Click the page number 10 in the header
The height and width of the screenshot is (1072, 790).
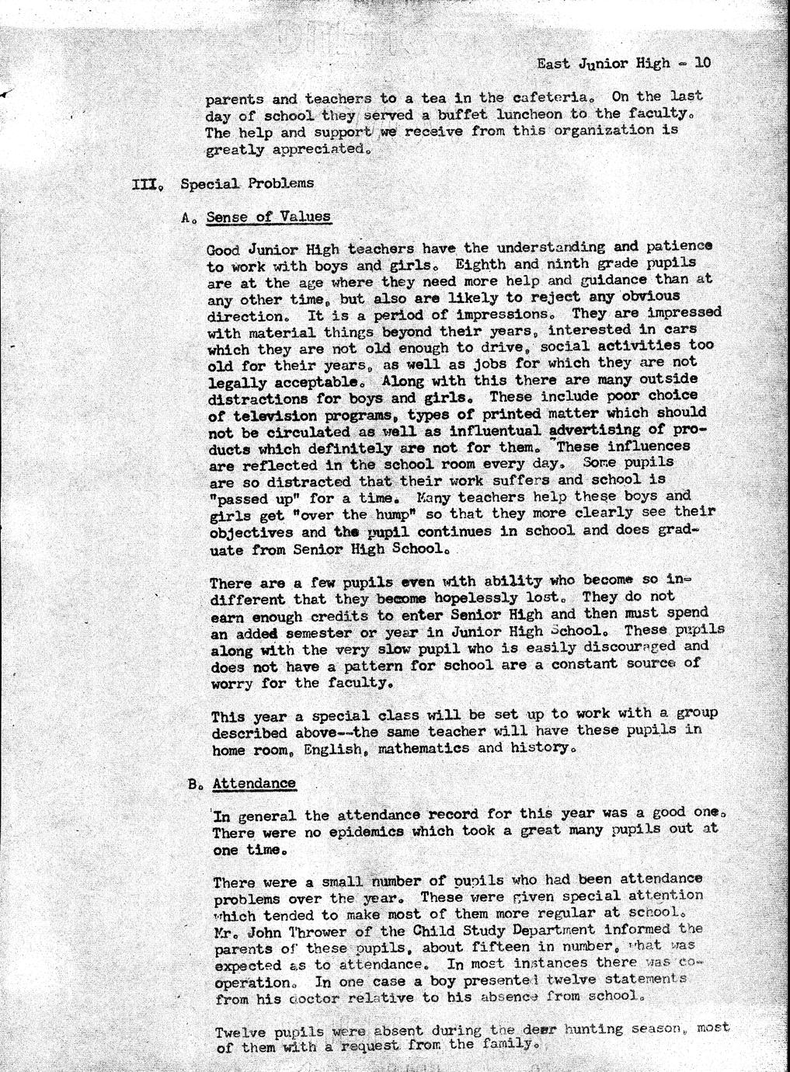(701, 63)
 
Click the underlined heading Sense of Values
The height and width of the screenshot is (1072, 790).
(269, 217)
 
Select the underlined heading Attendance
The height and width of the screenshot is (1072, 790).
(254, 783)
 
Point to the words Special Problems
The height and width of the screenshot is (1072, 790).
(247, 183)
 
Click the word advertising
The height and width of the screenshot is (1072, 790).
(596, 430)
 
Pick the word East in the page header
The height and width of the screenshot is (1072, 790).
(553, 63)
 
